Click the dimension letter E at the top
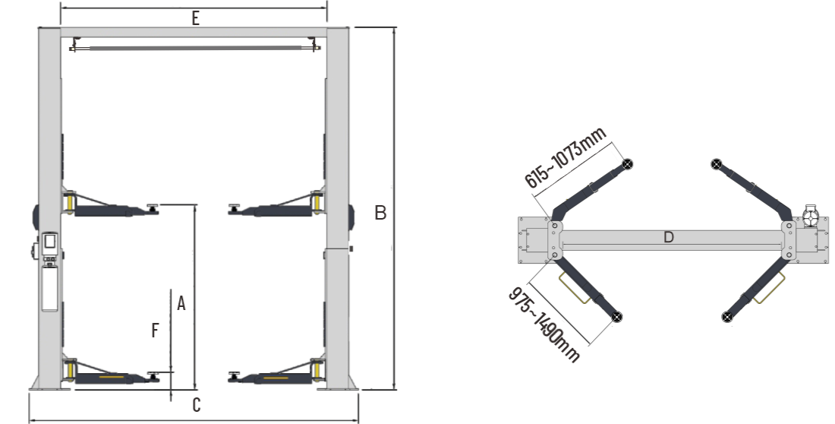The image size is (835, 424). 195,19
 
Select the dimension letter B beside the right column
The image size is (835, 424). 380,213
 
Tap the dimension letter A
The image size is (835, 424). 181,303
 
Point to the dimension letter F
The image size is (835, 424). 155,331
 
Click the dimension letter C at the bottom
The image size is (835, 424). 196,405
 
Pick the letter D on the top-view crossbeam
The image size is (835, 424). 669,237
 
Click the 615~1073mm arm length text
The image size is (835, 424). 566,158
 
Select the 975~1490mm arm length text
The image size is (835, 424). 544,324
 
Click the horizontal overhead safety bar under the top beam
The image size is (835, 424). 195,48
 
